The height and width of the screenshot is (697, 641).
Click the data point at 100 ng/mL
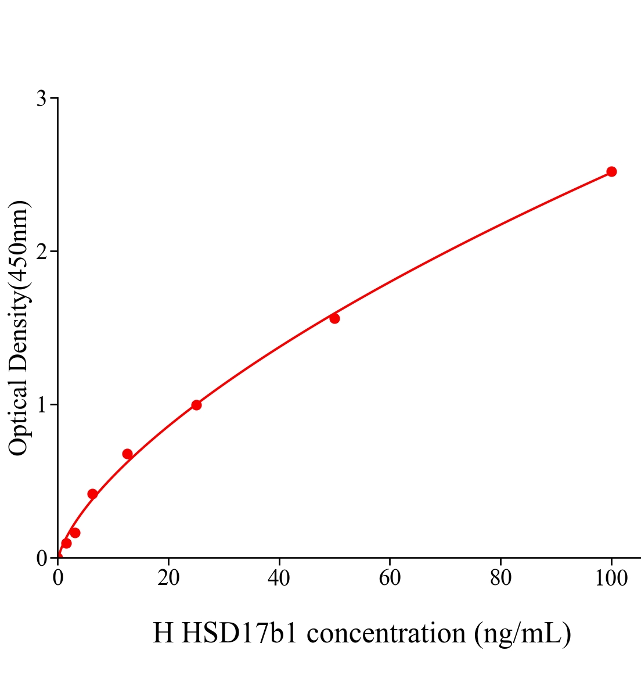pyautogui.click(x=611, y=171)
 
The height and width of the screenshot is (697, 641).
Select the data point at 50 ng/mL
pyautogui.click(x=334, y=318)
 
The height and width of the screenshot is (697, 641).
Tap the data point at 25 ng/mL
pyautogui.click(x=196, y=405)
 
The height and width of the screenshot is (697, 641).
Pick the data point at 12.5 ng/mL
pyautogui.click(x=127, y=454)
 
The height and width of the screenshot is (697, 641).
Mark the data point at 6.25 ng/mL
pyautogui.click(x=92, y=494)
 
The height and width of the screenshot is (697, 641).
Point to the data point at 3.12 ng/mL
pyautogui.click(x=75, y=533)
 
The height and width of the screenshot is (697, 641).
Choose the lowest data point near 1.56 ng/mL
pyautogui.click(x=66, y=543)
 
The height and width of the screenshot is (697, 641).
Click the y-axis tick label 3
pyautogui.click(x=41, y=99)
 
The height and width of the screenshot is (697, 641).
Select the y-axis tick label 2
pyautogui.click(x=41, y=252)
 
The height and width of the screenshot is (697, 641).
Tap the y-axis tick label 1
pyautogui.click(x=41, y=405)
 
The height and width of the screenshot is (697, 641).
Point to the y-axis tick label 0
pyautogui.click(x=41, y=558)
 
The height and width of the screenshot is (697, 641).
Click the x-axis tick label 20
pyautogui.click(x=168, y=579)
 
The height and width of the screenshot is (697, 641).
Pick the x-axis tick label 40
pyautogui.click(x=279, y=579)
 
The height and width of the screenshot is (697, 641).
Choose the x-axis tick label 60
pyautogui.click(x=390, y=579)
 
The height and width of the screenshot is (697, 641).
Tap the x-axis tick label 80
pyautogui.click(x=500, y=579)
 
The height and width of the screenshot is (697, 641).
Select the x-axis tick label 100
pyautogui.click(x=611, y=579)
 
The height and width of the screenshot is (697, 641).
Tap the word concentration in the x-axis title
pyautogui.click(x=386, y=633)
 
